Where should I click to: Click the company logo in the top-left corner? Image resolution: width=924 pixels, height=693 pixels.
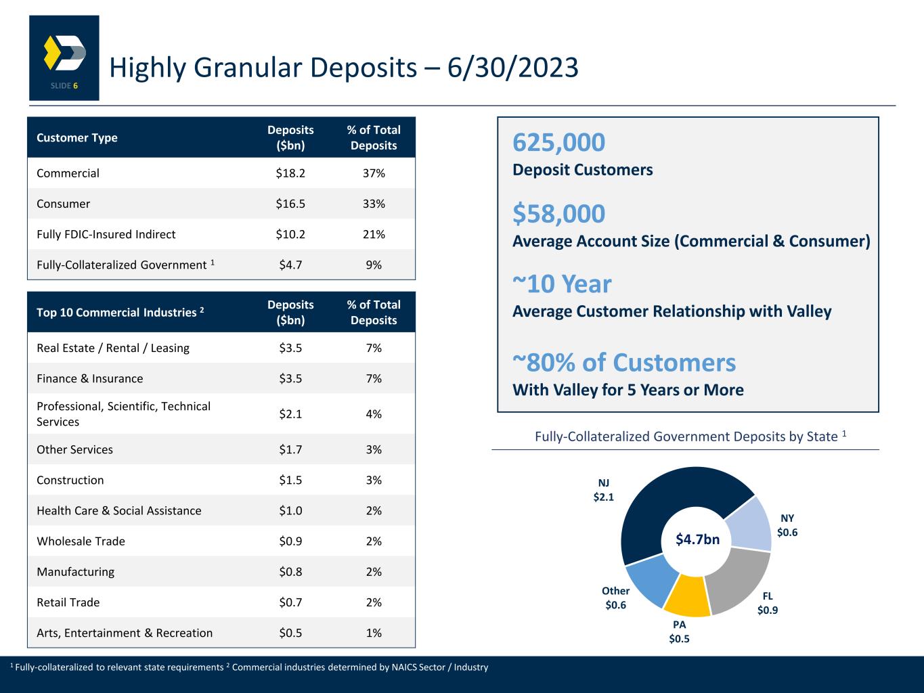click(x=64, y=58)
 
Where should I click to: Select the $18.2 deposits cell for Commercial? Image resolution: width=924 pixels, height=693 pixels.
click(x=290, y=173)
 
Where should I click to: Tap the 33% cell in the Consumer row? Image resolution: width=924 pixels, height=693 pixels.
click(x=374, y=204)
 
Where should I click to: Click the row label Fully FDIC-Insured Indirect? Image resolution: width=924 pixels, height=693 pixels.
click(x=106, y=234)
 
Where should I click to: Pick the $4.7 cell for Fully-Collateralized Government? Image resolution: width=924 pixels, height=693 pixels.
click(x=290, y=265)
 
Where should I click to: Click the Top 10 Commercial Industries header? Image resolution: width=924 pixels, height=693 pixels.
click(x=120, y=312)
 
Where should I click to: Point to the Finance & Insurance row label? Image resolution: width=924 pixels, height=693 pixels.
click(x=90, y=378)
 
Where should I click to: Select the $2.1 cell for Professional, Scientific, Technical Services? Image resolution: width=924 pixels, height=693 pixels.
click(x=290, y=413)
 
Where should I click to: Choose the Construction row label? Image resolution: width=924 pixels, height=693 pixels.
click(x=70, y=480)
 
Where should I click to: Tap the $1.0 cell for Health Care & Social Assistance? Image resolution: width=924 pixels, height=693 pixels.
click(x=290, y=510)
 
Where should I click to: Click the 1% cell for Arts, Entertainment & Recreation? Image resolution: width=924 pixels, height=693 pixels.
click(x=374, y=633)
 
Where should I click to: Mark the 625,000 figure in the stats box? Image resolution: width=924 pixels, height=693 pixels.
click(x=559, y=143)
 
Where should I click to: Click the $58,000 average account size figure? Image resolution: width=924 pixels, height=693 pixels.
click(x=559, y=214)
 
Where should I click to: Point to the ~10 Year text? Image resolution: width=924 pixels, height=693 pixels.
click(x=562, y=284)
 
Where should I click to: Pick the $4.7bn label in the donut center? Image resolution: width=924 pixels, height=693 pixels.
click(x=697, y=539)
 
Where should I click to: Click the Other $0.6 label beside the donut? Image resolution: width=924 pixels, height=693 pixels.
click(x=615, y=598)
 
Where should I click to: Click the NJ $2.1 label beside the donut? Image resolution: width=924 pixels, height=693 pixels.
click(x=603, y=490)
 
